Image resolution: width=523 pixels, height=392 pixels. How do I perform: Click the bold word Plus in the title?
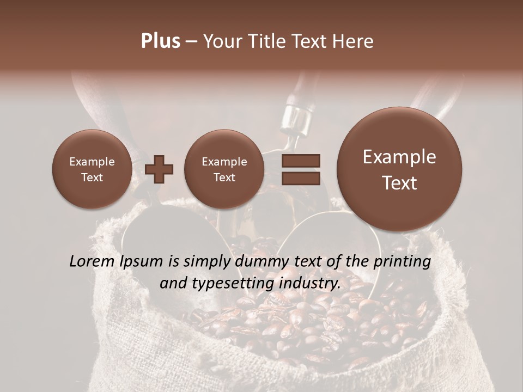[160, 41]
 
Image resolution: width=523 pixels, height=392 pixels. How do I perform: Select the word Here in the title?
[352, 41]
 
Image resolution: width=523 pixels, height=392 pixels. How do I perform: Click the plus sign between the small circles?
[159, 169]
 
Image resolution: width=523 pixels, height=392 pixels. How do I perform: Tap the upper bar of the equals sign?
[300, 161]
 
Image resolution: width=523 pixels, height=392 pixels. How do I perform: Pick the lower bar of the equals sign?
[300, 178]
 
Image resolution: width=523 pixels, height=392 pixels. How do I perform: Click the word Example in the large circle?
[399, 157]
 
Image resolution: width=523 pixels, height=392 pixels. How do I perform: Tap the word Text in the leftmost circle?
[92, 177]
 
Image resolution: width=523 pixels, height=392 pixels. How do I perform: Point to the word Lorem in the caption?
[91, 261]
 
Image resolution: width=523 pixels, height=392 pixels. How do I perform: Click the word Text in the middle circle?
[224, 177]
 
